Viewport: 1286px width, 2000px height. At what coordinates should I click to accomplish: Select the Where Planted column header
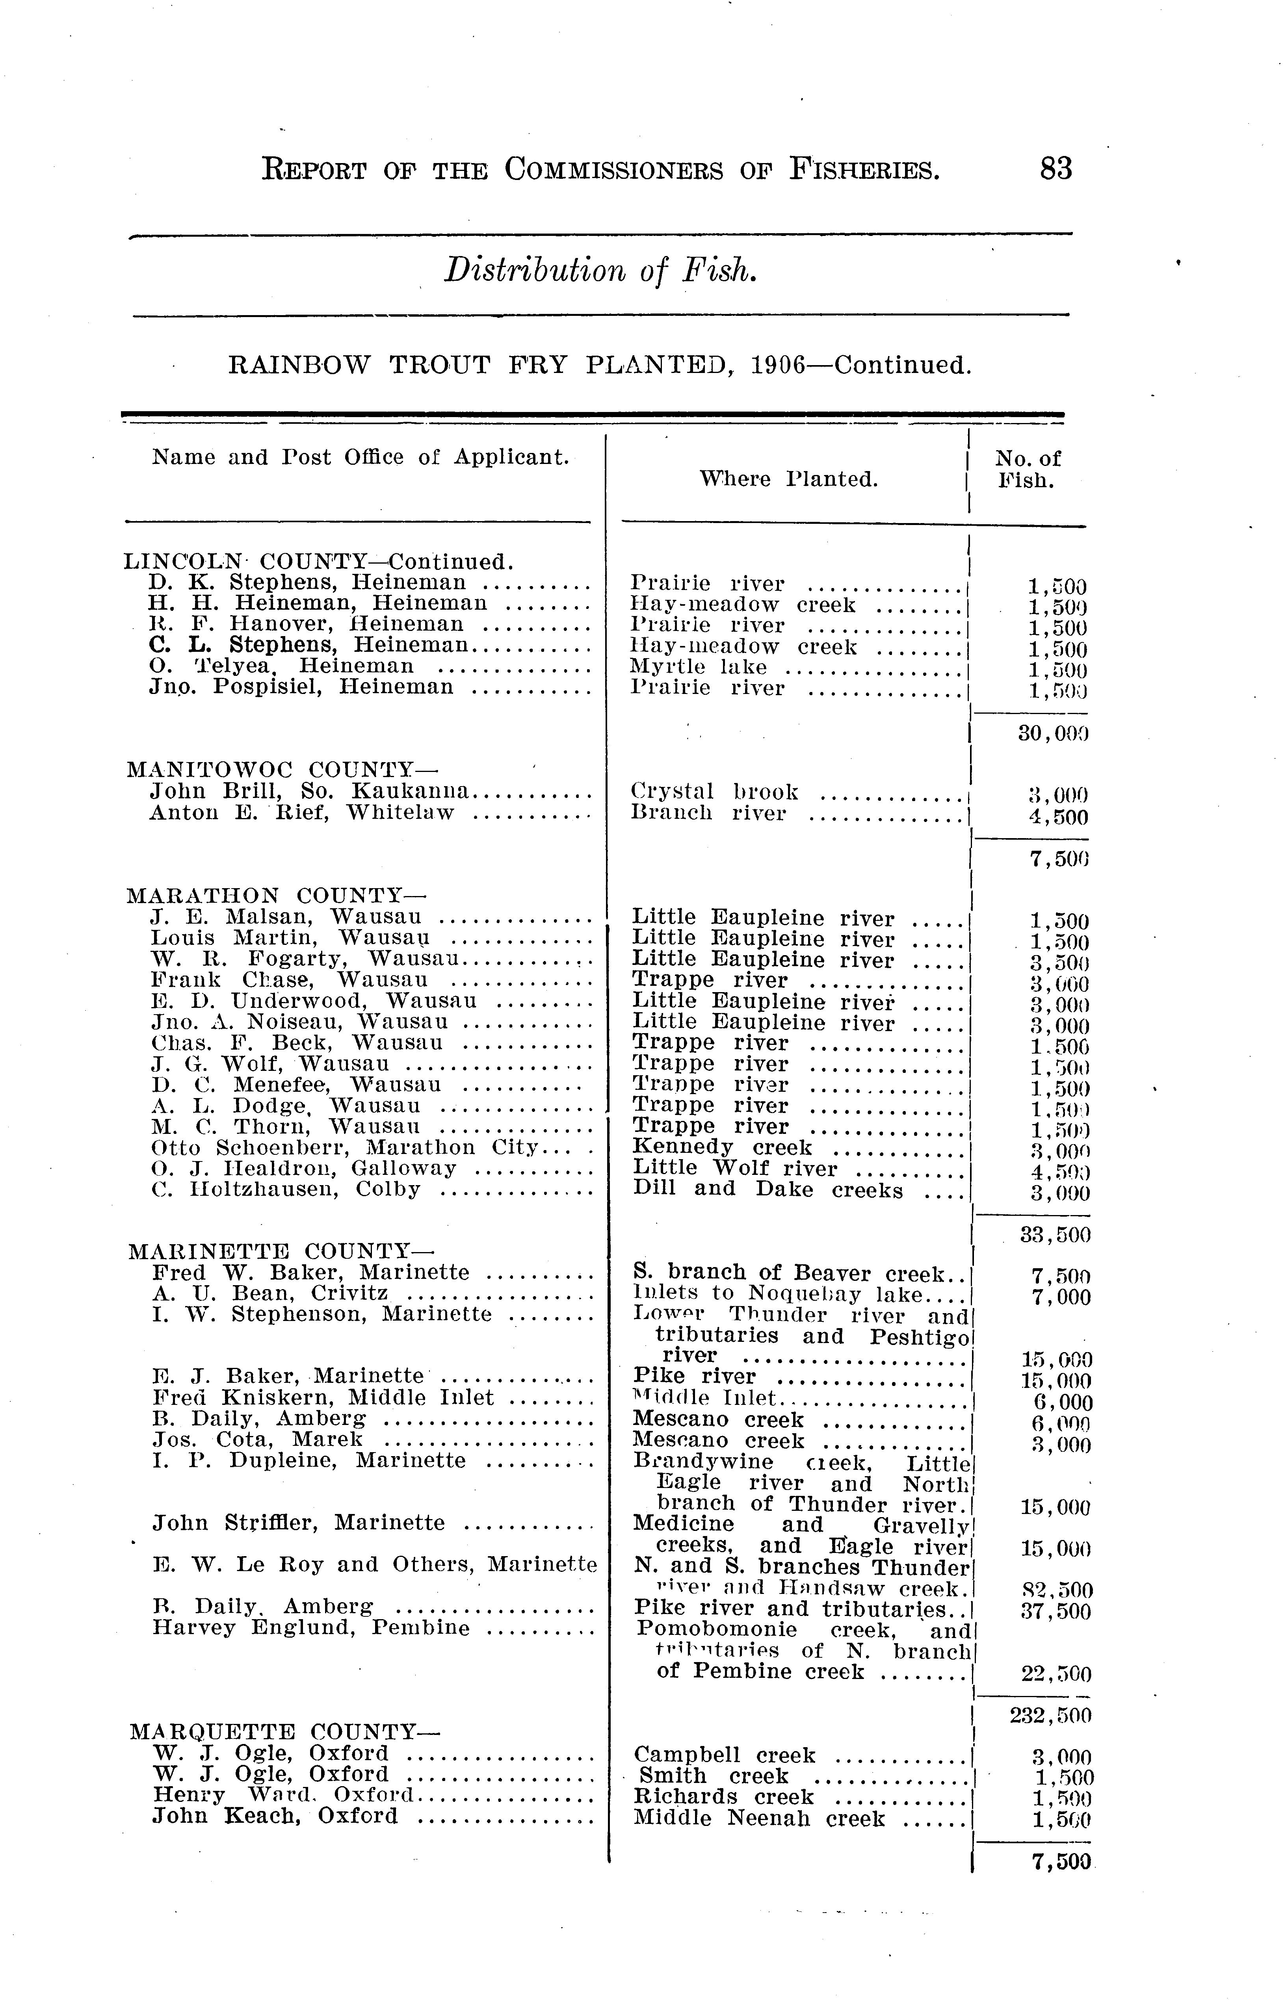pyautogui.click(x=788, y=479)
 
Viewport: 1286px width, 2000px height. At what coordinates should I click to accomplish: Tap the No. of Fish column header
pyautogui.click(x=1027, y=469)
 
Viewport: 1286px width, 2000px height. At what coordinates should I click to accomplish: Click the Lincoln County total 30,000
pyautogui.click(x=1054, y=734)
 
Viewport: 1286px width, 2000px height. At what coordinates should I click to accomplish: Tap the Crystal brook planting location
pyautogui.click(x=715, y=791)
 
